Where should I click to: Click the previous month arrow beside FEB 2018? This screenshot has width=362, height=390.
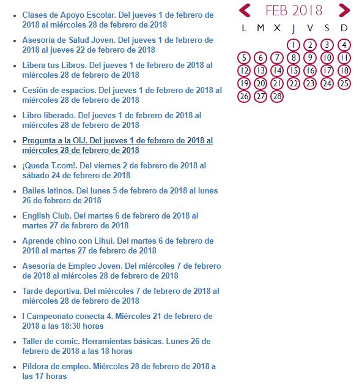click(245, 10)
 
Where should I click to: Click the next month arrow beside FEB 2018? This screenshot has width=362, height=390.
click(344, 10)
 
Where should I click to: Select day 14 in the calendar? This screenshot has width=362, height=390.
click(277, 70)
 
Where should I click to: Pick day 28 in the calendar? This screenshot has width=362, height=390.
click(277, 96)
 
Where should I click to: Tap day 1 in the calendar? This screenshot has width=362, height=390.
click(294, 45)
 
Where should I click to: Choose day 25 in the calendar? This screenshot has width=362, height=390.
click(344, 83)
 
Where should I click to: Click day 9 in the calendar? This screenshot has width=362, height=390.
click(311, 58)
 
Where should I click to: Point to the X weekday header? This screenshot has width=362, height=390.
click(277, 28)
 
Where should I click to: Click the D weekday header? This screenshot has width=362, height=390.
click(344, 28)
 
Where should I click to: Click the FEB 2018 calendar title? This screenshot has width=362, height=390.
click(294, 10)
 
